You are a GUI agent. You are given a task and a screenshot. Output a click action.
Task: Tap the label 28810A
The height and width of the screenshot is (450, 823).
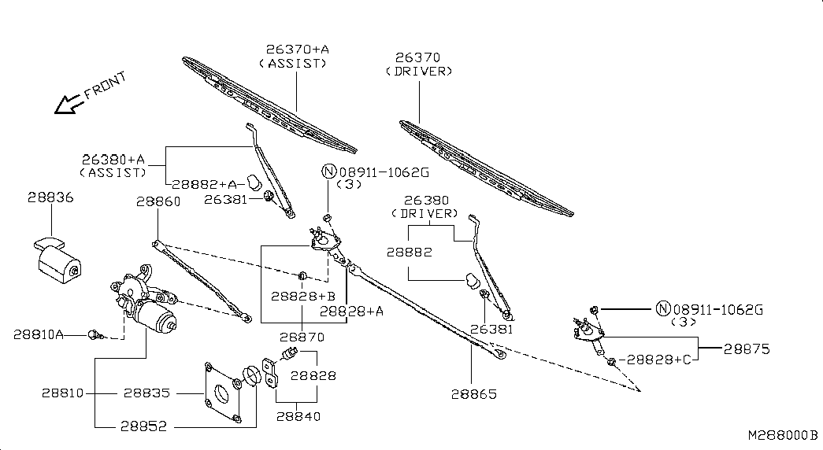pos(38,334)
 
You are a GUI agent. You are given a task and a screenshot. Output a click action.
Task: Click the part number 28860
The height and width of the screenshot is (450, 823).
pos(158,201)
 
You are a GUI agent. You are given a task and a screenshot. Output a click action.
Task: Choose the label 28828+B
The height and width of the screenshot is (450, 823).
pos(303,297)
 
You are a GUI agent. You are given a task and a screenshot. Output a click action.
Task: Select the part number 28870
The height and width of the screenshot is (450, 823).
pos(302,337)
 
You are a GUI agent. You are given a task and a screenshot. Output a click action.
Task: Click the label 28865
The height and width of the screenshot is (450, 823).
pos(474,394)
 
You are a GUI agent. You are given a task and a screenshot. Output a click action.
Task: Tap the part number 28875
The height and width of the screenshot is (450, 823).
pos(747,349)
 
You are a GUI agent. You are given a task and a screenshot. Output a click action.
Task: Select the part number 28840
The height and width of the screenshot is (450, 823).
pos(298,416)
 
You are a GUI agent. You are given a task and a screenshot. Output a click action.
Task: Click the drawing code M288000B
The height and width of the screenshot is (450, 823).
pos(782,435)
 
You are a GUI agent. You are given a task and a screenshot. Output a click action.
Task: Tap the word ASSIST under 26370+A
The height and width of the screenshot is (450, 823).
pos(292,63)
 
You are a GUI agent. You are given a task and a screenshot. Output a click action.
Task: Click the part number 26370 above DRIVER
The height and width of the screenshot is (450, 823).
pos(417,57)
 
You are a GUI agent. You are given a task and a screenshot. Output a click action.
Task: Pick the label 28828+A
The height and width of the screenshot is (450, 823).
pos(351,312)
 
